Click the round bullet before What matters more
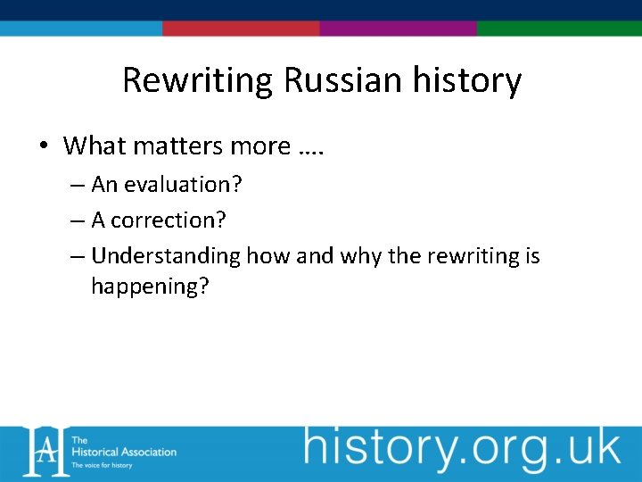point(45,146)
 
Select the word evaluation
point(183,185)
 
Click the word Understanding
point(166,257)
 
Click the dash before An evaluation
point(77,186)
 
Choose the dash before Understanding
point(77,257)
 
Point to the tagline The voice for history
point(102,466)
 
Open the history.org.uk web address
point(461,449)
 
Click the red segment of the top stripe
point(241,29)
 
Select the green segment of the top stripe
point(559,29)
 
